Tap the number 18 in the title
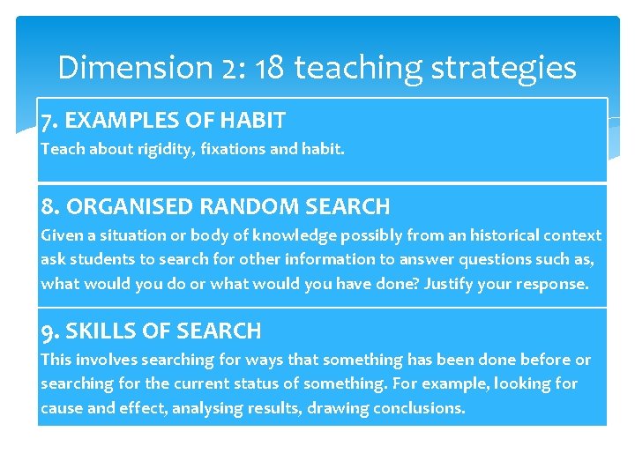(x=269, y=67)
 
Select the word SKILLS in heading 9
(x=95, y=331)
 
